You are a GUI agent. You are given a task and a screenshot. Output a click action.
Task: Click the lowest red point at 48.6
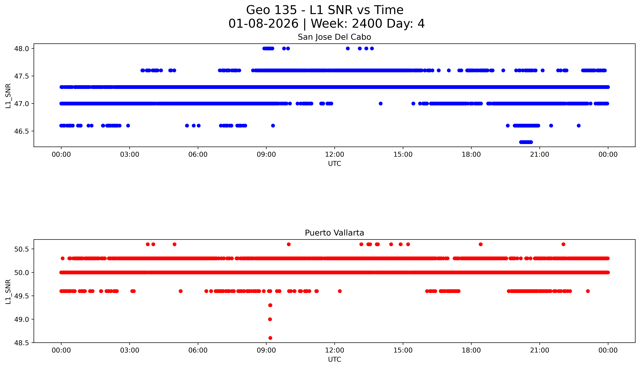tap(270, 338)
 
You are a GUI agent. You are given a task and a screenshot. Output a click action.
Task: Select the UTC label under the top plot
tap(334, 164)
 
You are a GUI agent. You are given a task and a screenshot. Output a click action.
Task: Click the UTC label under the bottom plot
tap(334, 359)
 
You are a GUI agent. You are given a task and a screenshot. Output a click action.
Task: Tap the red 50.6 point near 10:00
tap(289, 244)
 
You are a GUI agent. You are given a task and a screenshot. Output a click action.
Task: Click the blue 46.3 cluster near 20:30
tap(526, 142)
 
